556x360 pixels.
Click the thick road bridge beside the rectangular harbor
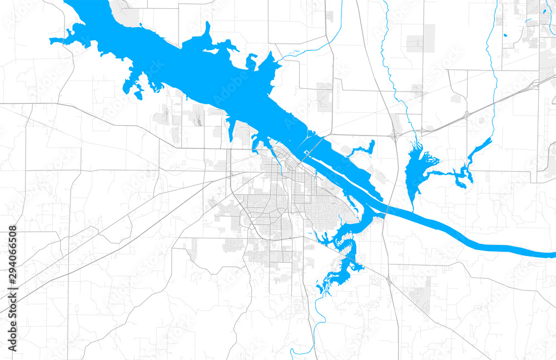click(313, 149)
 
